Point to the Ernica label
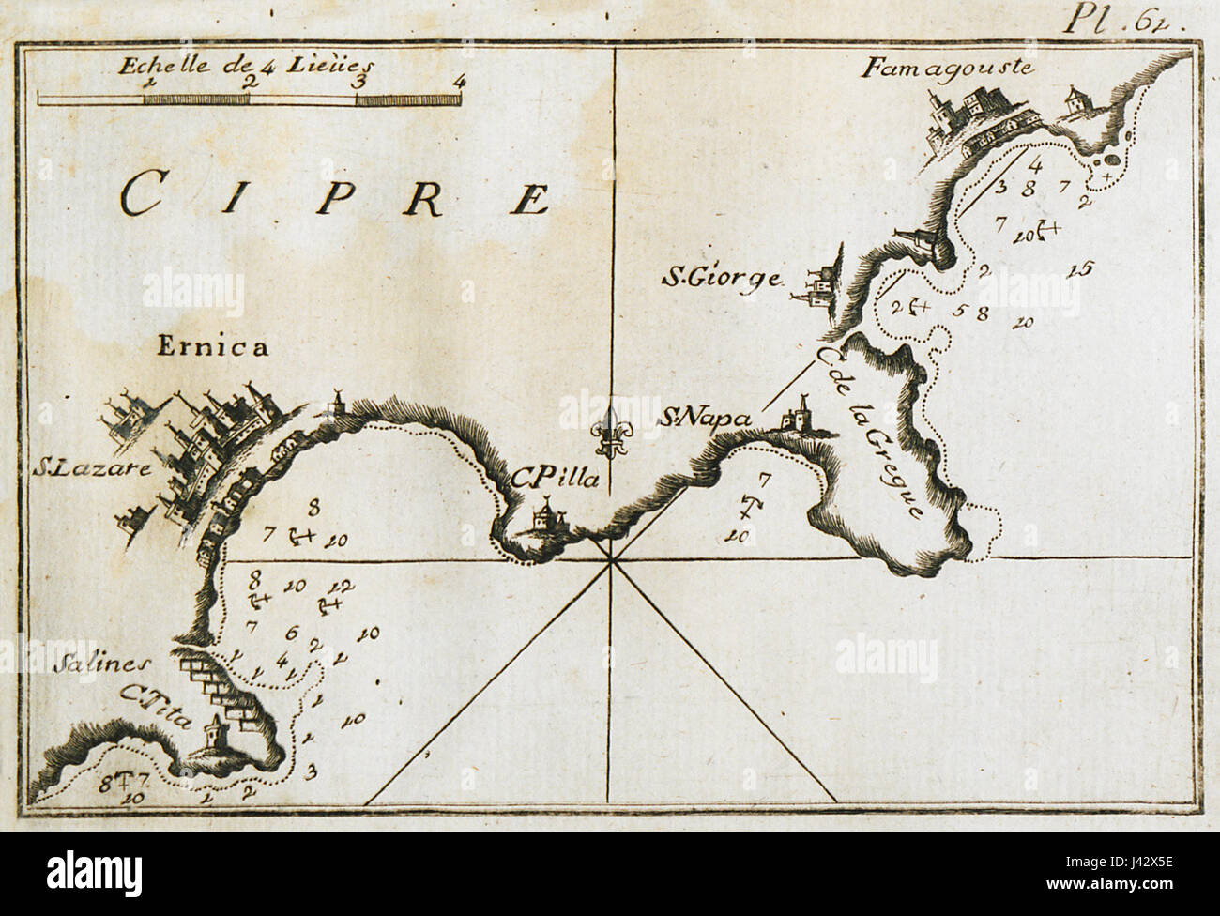click(x=213, y=348)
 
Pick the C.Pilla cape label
click(x=548, y=479)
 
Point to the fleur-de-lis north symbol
click(x=613, y=435)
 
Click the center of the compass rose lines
click(x=611, y=560)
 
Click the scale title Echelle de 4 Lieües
click(x=245, y=65)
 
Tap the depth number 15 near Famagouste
click(x=1080, y=269)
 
